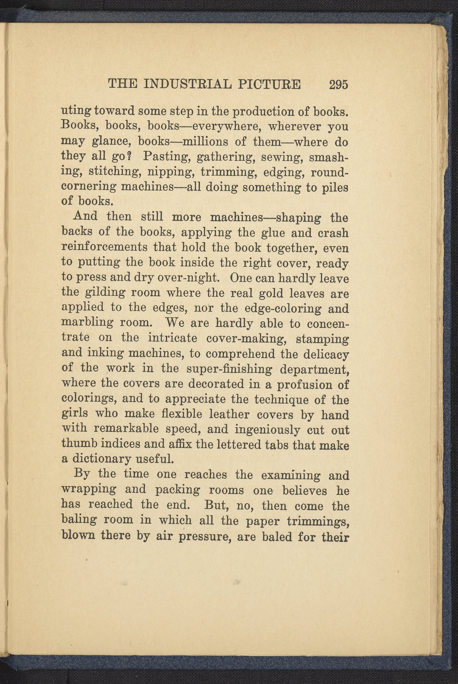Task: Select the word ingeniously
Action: (267, 430)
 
